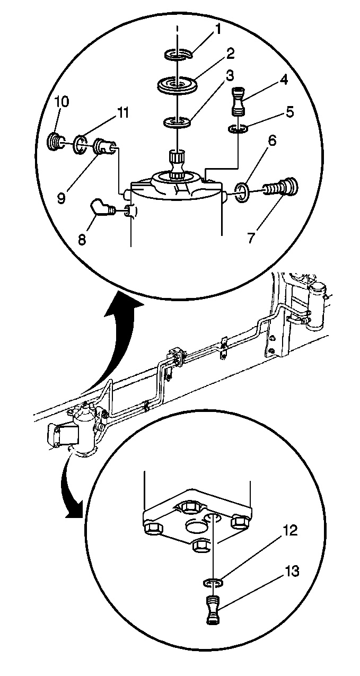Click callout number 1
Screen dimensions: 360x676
click(218, 30)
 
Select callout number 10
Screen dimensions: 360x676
click(62, 102)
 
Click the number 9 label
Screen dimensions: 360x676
click(61, 198)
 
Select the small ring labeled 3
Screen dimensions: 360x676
click(177, 122)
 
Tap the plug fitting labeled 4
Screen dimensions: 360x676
click(239, 102)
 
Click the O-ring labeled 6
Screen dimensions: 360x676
click(242, 193)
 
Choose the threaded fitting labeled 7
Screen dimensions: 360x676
click(280, 189)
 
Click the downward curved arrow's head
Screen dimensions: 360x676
click(74, 510)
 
